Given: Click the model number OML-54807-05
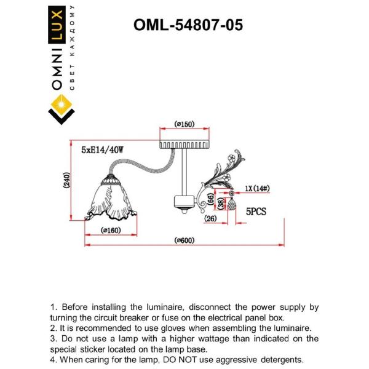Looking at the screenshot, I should [x=188, y=25].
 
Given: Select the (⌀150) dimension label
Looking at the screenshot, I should [x=184, y=124].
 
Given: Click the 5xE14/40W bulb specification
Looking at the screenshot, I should [x=103, y=149].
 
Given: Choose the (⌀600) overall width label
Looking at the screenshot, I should [x=184, y=240].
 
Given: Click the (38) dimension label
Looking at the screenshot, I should [x=220, y=204].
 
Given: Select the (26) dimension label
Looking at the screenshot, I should [x=210, y=218].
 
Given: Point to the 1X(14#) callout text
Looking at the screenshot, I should [x=258, y=189].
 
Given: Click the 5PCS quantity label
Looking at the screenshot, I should [x=256, y=211].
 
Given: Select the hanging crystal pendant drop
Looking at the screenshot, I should [x=232, y=205].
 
